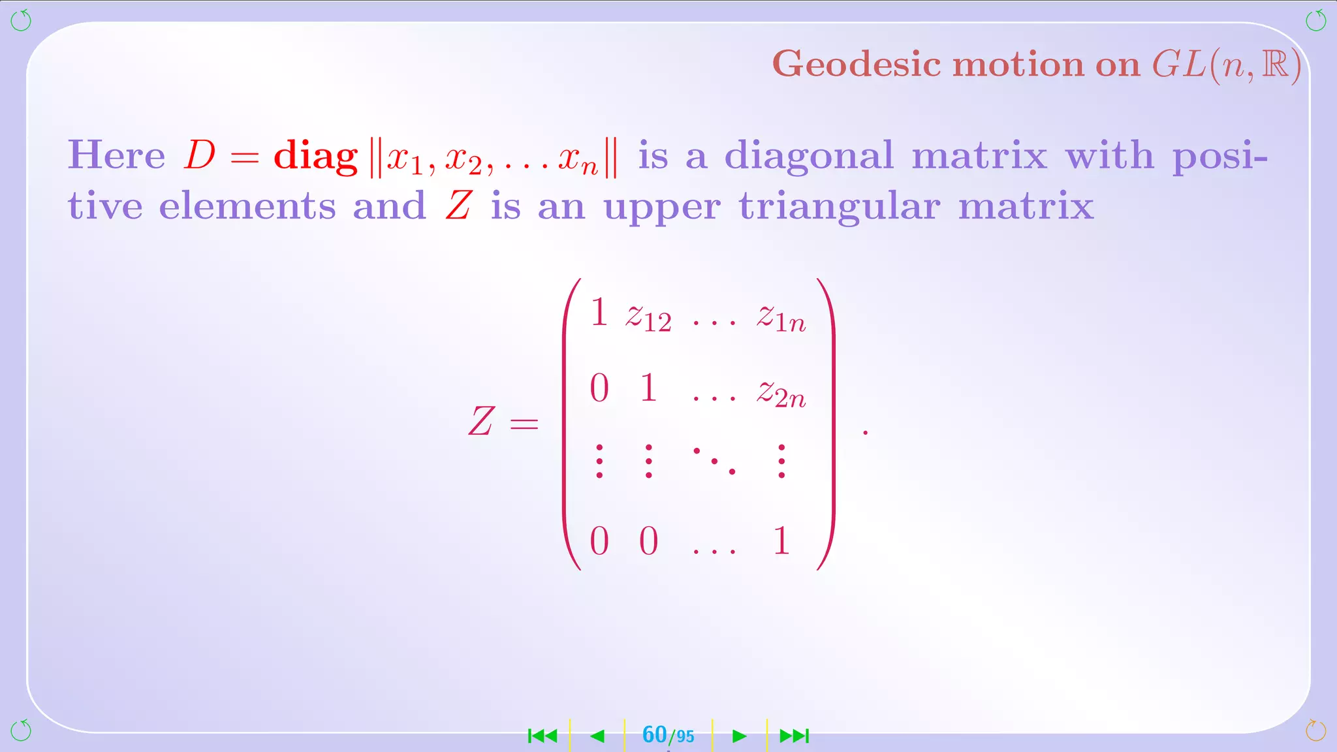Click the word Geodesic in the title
click(x=857, y=65)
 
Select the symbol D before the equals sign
click(x=200, y=155)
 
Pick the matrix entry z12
click(x=648, y=318)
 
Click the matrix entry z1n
click(x=781, y=318)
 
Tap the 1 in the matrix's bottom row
click(x=781, y=541)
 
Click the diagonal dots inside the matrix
click(x=714, y=461)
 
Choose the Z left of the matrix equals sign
click(x=481, y=421)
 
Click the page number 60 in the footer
click(x=654, y=735)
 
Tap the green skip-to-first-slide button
click(x=543, y=736)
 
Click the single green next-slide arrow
click(x=739, y=736)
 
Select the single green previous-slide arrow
click(x=597, y=736)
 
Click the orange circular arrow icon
click(x=1315, y=730)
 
